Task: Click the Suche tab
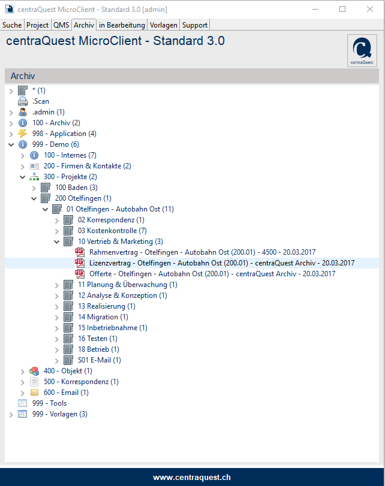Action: [x=12, y=25]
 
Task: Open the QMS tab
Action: [x=61, y=25]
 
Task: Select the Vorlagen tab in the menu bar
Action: [x=164, y=25]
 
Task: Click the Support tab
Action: [x=195, y=25]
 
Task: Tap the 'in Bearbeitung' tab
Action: [x=122, y=25]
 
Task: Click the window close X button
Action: [x=370, y=10]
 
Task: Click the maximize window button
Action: [x=342, y=10]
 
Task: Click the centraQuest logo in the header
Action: [x=362, y=50]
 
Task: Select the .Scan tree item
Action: [x=41, y=101]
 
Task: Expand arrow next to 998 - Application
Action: [x=11, y=134]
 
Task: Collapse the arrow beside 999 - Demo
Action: [x=11, y=144]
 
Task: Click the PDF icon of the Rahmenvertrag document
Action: [x=80, y=252]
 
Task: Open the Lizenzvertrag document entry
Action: [x=222, y=263]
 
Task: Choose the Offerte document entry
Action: [x=212, y=274]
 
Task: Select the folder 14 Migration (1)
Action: [x=103, y=317]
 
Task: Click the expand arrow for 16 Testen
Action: [x=57, y=339]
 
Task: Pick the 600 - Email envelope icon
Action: [x=34, y=393]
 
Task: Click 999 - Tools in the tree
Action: [x=49, y=403]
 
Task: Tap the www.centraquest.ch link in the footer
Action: [x=192, y=478]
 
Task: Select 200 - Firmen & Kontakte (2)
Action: [x=88, y=166]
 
